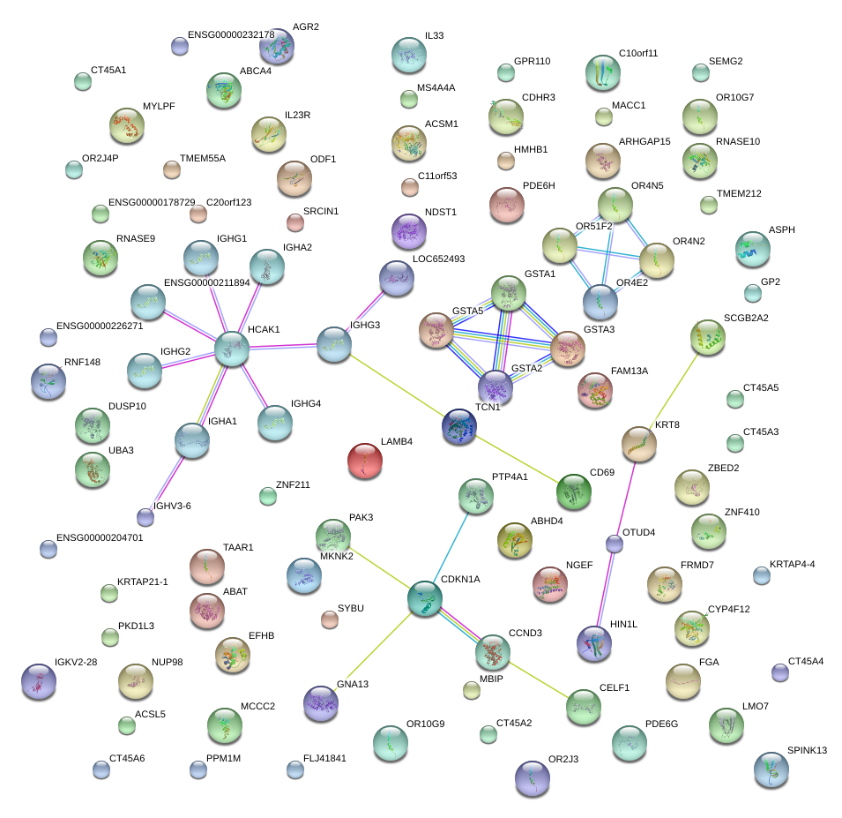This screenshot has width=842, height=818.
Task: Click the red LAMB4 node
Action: pyautogui.click(x=365, y=460)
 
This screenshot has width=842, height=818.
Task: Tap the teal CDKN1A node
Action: pyautogui.click(x=424, y=598)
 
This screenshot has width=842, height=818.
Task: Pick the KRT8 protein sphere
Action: pyautogui.click(x=638, y=444)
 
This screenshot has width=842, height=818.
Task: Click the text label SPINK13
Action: pyautogui.click(x=807, y=751)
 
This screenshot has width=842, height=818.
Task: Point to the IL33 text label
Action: pyautogui.click(x=434, y=36)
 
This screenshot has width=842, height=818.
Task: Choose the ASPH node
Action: pyautogui.click(x=752, y=249)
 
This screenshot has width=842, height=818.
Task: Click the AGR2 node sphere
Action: pyautogui.click(x=278, y=46)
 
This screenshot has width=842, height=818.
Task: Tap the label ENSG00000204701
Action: pyautogui.click(x=99, y=537)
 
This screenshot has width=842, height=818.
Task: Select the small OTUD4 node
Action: pyautogui.click(x=615, y=544)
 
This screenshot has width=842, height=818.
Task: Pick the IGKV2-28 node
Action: pyautogui.click(x=38, y=681)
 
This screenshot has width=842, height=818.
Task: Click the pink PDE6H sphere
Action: pyautogui.click(x=507, y=205)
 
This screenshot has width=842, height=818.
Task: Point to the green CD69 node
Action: pyautogui.click(x=573, y=491)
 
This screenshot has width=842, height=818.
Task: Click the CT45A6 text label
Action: pyautogui.click(x=127, y=759)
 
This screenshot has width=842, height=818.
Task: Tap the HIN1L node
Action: pyautogui.click(x=593, y=644)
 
